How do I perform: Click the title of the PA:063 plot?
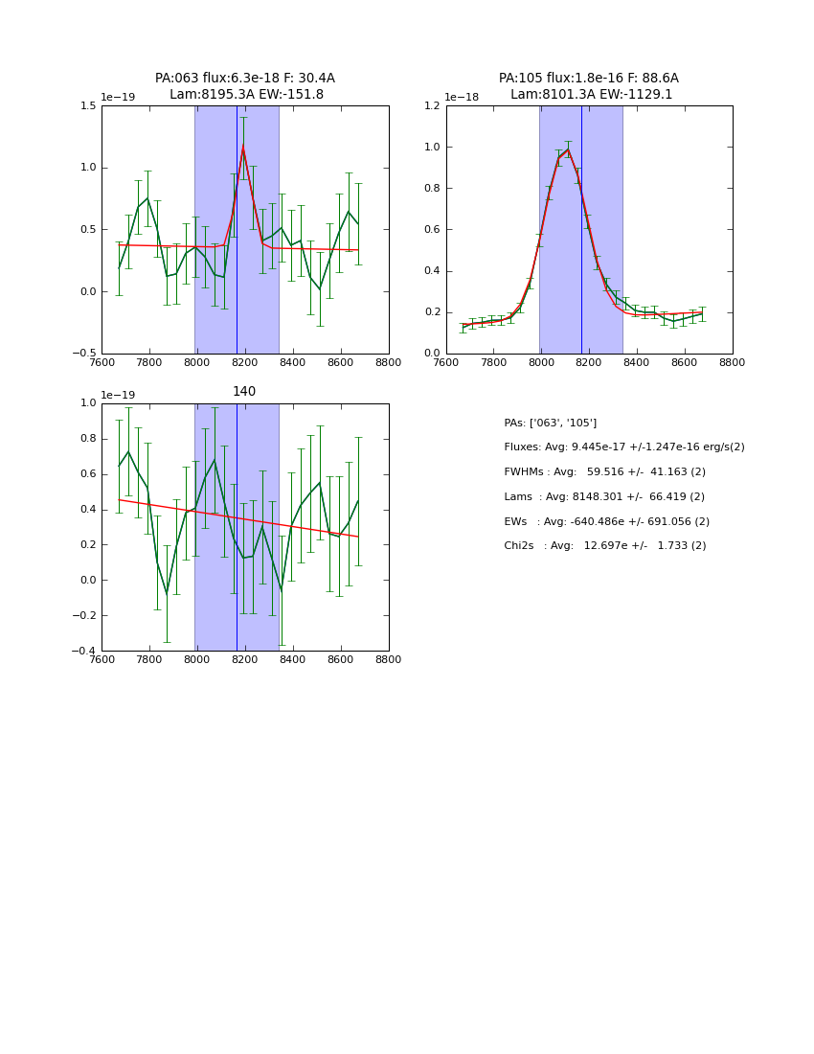245,86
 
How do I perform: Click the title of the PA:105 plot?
589,86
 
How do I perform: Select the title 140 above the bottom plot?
244,391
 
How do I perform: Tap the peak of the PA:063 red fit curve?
243,147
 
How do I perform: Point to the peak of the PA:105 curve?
568,149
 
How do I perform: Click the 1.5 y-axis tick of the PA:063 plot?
89,105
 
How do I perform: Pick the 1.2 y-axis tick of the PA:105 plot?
434,105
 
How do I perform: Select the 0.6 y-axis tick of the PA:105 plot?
434,229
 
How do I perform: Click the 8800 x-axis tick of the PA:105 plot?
733,362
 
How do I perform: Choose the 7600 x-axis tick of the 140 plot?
102,659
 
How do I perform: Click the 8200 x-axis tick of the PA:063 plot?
245,362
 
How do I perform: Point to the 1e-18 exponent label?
463,97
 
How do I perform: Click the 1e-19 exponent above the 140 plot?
118,395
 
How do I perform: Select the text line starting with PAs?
551,423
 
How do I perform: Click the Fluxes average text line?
624,447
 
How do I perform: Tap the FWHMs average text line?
604,471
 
